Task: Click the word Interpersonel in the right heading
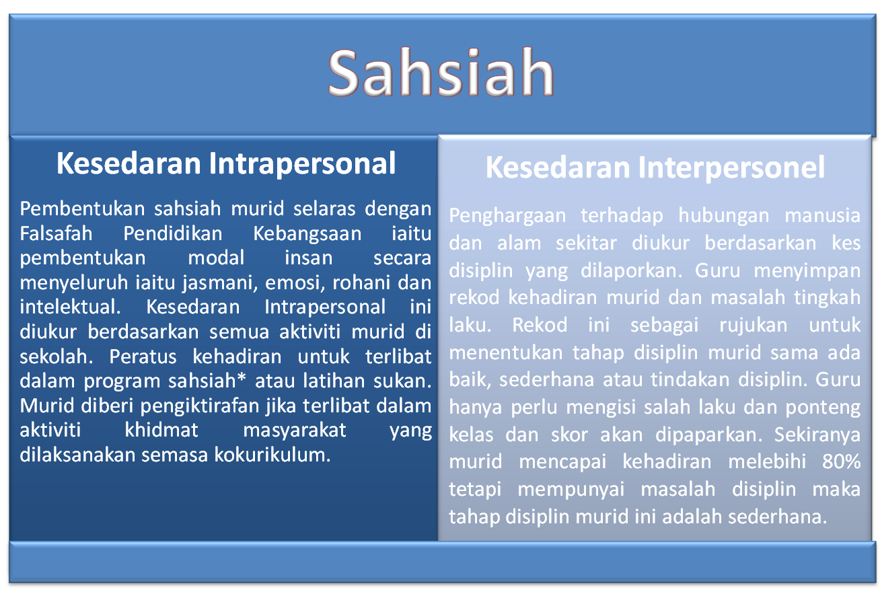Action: click(x=731, y=167)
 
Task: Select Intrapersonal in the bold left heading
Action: click(x=302, y=163)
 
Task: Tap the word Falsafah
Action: click(x=56, y=233)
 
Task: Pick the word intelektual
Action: click(x=70, y=307)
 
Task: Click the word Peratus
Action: click(x=143, y=357)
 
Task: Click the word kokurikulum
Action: click(x=272, y=455)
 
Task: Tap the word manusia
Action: click(x=823, y=216)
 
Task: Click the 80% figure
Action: click(x=841, y=461)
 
